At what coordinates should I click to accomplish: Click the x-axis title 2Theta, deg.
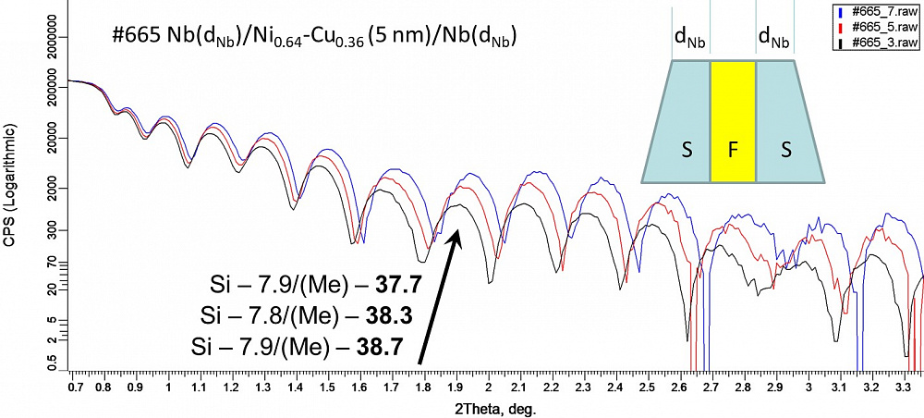pyautogui.click(x=497, y=407)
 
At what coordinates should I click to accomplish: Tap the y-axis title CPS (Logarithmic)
pyautogui.click(x=9, y=190)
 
